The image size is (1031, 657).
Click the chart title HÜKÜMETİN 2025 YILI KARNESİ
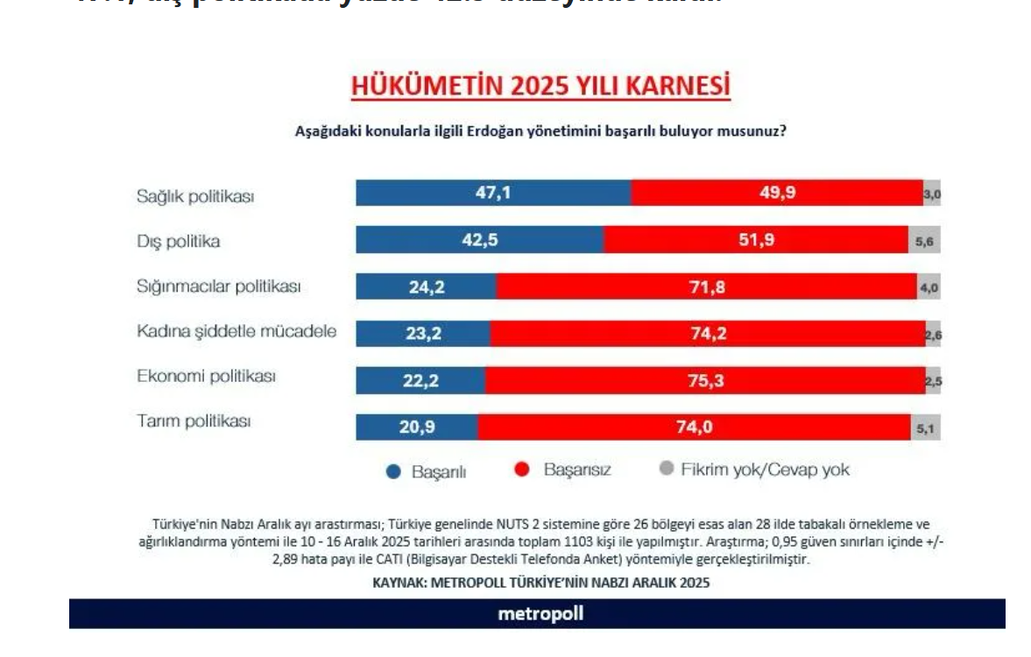[x=540, y=86]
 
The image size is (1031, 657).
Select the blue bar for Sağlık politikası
[x=492, y=193]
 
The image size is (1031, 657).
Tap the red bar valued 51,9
[x=755, y=239]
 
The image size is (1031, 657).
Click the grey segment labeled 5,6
[x=924, y=239]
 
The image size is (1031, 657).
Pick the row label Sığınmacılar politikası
[x=218, y=286]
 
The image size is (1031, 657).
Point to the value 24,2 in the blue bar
[x=427, y=286]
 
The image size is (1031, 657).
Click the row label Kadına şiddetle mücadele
[x=237, y=332]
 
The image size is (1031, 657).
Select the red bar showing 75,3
[x=705, y=380]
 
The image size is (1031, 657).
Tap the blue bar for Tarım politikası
[x=416, y=427]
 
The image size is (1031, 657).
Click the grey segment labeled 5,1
[x=925, y=427]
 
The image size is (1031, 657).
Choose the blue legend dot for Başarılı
[x=394, y=471]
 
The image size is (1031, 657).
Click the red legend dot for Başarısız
[x=522, y=470]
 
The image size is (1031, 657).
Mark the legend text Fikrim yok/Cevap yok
[x=765, y=470]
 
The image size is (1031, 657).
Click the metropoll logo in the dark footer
[x=540, y=613]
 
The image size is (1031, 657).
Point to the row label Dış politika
[x=178, y=241]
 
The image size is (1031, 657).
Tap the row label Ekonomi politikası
[x=207, y=377]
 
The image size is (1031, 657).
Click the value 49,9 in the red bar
[x=778, y=193]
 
